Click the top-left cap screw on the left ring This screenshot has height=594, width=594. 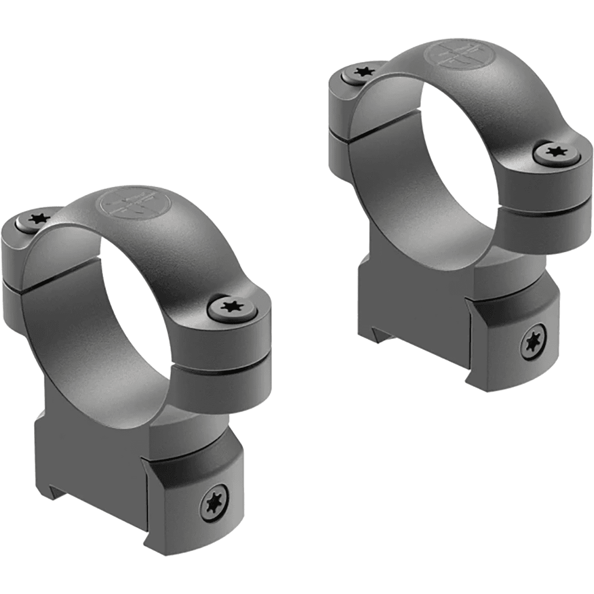(36, 218)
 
